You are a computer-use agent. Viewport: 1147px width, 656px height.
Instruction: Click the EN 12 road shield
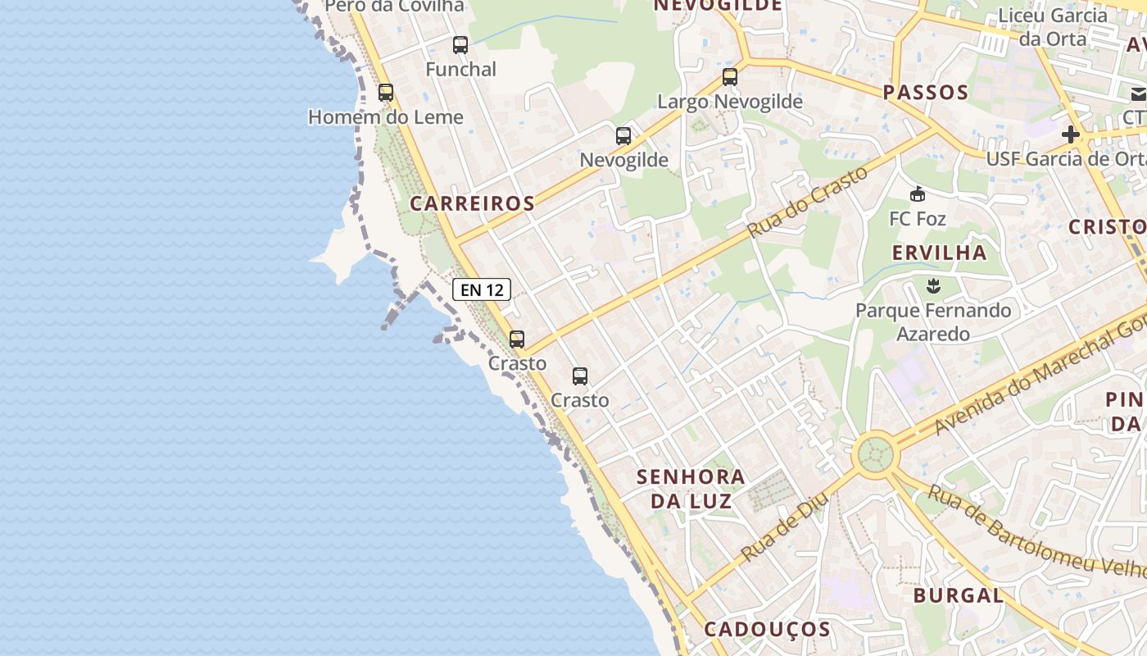(482, 289)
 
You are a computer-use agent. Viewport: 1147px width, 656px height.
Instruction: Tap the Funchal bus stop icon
(460, 45)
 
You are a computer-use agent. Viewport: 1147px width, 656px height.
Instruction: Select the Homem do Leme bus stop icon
(386, 93)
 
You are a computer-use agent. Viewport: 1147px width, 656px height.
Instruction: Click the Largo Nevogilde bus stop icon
(729, 77)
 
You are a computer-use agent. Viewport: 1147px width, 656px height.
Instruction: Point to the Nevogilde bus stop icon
(623, 135)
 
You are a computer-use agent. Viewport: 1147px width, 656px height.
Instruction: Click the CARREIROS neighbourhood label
(472, 203)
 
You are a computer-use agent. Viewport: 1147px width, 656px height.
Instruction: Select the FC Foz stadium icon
(917, 194)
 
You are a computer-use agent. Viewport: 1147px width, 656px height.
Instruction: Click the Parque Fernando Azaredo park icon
(932, 286)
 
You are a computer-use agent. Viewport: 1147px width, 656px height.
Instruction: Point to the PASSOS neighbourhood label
(926, 92)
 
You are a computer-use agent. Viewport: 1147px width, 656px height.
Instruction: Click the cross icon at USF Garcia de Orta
(1070, 134)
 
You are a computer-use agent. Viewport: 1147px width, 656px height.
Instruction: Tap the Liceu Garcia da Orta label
(1053, 27)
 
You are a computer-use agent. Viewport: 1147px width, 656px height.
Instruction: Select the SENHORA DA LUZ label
(691, 488)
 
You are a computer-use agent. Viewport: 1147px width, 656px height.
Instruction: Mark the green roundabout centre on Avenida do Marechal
(875, 453)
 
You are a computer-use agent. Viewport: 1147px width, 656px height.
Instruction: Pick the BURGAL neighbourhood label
(958, 595)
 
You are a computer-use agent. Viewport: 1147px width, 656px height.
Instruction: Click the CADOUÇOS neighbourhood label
(768, 629)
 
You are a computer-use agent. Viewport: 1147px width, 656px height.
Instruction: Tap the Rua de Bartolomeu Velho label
(1036, 531)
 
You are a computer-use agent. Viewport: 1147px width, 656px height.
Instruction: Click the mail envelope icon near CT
(1139, 94)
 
